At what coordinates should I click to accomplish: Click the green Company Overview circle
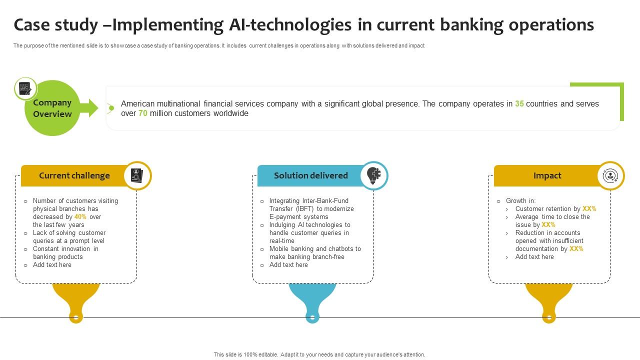52,108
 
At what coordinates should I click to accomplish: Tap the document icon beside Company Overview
25,89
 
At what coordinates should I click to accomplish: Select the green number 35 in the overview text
519,104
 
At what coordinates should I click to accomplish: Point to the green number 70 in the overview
143,113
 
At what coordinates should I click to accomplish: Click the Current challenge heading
74,175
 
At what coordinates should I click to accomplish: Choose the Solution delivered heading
310,175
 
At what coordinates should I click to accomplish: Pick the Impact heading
547,175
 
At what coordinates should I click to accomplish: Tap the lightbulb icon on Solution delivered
373,175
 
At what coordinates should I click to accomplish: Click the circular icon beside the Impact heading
610,175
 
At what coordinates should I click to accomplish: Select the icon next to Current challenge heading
137,175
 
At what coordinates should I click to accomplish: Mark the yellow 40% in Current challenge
80,217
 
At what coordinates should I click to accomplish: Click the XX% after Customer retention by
589,209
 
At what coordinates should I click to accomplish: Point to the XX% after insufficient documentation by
576,249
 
